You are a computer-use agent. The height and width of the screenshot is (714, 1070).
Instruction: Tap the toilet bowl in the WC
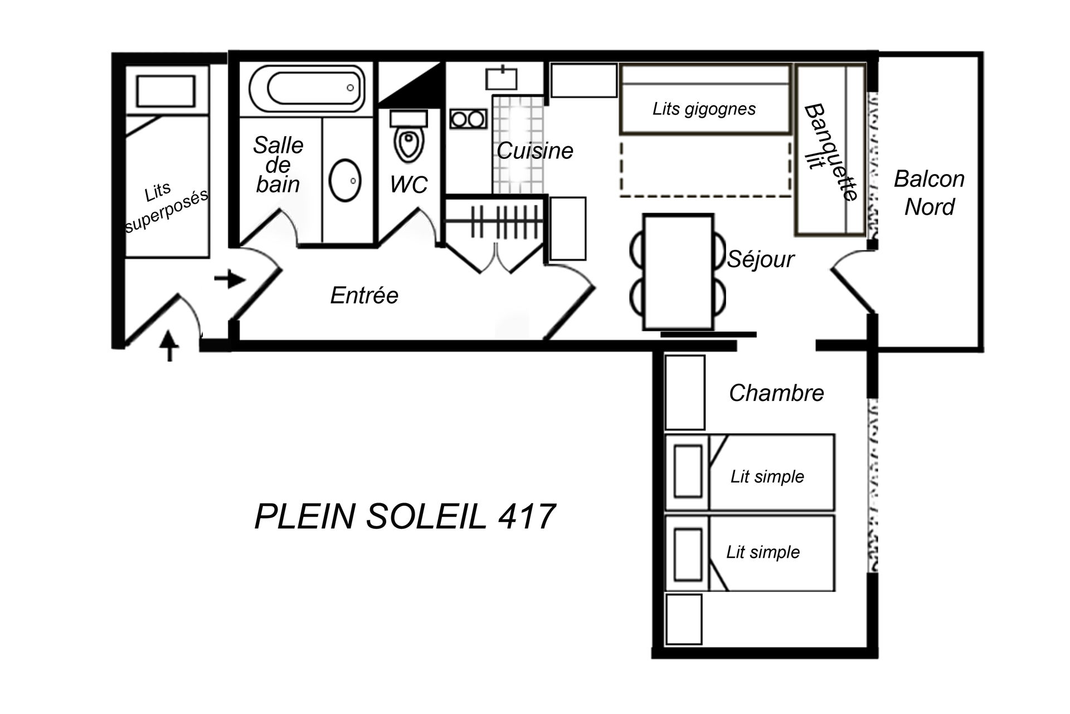(410, 143)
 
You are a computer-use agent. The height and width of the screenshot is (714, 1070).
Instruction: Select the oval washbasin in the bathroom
(345, 180)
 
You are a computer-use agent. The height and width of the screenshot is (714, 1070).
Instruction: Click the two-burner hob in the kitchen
(468, 119)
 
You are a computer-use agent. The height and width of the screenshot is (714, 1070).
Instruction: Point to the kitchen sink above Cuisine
(502, 78)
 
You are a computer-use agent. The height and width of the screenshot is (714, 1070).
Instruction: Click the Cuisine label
(535, 151)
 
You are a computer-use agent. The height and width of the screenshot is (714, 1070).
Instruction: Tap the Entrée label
(364, 295)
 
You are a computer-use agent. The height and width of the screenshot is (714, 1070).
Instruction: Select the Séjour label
(761, 260)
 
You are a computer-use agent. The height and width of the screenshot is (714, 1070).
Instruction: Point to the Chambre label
(776, 393)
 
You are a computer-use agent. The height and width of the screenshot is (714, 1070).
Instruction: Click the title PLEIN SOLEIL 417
(405, 516)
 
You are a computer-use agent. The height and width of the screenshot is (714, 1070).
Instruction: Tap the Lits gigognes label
(704, 109)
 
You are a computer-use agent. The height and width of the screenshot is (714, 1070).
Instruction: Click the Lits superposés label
(166, 206)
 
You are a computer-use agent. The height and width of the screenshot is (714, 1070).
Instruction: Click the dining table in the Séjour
(678, 272)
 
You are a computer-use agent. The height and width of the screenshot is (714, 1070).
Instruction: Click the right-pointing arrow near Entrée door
(230, 279)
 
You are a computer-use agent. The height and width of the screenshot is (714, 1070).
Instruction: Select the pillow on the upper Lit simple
(688, 471)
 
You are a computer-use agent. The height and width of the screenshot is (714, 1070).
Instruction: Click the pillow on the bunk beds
(166, 90)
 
